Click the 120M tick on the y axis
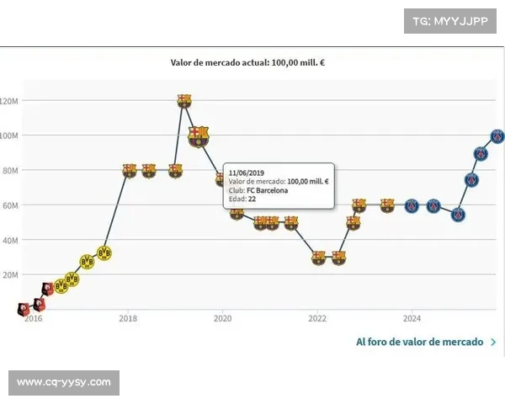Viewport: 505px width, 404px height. click(x=8, y=101)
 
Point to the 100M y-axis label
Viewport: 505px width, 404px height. click(x=8, y=136)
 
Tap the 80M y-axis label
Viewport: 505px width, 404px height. click(x=9, y=171)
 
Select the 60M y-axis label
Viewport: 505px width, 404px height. click(x=9, y=205)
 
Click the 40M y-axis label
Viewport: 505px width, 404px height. click(x=9, y=240)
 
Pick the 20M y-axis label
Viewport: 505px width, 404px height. click(x=9, y=275)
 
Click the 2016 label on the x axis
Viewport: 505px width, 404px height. click(x=33, y=318)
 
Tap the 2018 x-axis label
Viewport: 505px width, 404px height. click(x=128, y=318)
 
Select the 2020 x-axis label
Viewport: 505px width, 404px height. click(x=222, y=318)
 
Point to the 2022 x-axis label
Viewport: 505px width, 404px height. click(x=317, y=318)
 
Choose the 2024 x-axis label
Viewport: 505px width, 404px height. click(x=412, y=318)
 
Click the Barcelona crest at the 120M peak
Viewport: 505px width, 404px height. click(x=184, y=101)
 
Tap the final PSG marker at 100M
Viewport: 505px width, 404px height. click(x=497, y=136)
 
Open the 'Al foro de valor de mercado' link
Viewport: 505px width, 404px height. click(x=419, y=342)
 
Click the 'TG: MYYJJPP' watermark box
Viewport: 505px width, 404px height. click(x=450, y=20)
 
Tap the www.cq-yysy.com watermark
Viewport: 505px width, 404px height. click(x=64, y=383)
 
